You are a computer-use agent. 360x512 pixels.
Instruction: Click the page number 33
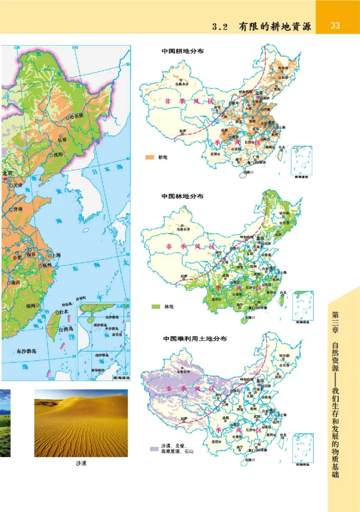[x=335, y=26]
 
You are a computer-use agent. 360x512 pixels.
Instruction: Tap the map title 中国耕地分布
[x=183, y=51]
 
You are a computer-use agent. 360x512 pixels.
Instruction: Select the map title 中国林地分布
[x=183, y=196]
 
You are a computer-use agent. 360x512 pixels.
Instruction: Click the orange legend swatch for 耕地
[x=150, y=158]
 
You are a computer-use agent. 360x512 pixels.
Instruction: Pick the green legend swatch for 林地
[x=156, y=307]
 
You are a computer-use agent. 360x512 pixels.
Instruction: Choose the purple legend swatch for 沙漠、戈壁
[x=154, y=449]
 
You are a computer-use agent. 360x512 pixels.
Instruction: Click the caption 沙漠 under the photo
[x=81, y=463]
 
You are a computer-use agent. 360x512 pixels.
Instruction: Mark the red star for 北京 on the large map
[x=5, y=179]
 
